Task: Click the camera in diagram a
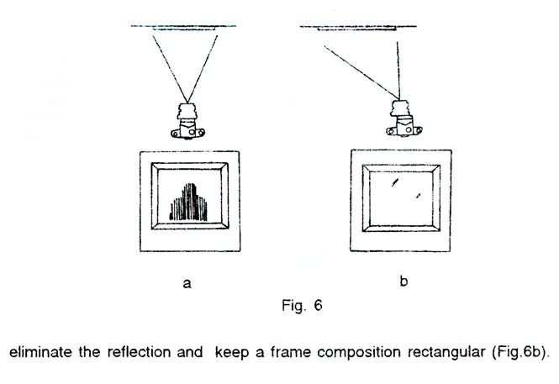click(x=188, y=121)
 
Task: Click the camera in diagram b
click(x=404, y=118)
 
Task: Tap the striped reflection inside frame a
click(x=188, y=203)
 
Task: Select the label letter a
click(x=187, y=283)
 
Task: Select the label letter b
click(x=403, y=281)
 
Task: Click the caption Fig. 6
click(x=302, y=305)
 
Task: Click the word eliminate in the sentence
click(x=40, y=352)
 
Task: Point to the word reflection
click(x=139, y=352)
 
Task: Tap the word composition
click(x=359, y=352)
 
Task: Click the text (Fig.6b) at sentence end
click(x=519, y=352)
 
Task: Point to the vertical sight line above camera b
click(x=398, y=71)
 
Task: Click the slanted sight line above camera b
click(x=361, y=72)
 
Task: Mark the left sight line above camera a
click(x=171, y=69)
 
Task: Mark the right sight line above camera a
click(x=203, y=69)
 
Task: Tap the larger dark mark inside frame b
click(x=394, y=182)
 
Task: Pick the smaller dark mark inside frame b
click(x=419, y=195)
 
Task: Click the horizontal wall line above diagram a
click(x=183, y=26)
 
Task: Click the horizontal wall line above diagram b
click(x=358, y=26)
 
